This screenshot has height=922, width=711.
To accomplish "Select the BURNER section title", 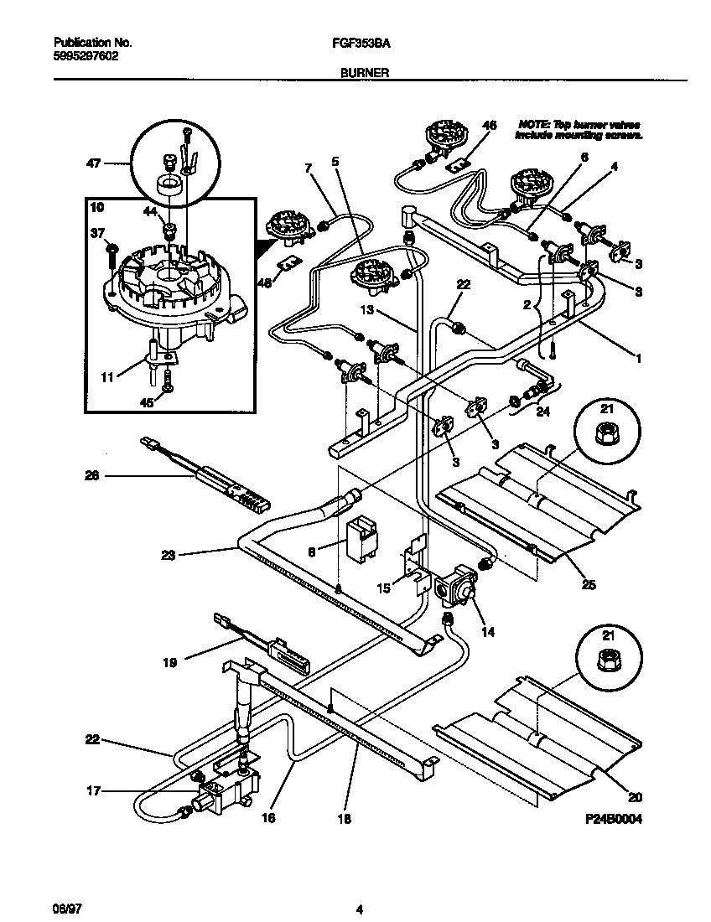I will point(364,73).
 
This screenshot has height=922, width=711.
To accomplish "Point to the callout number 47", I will point(93,163).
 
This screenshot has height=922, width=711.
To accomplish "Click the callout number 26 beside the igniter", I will point(92,476).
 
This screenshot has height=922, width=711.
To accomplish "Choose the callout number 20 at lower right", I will point(634,797).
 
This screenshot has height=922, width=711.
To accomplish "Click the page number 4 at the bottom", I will point(359,909).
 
